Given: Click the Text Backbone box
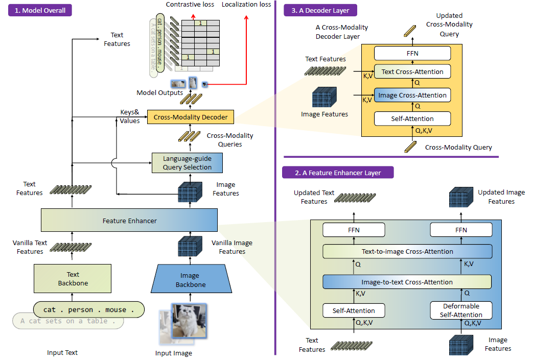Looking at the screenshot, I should (x=72, y=278).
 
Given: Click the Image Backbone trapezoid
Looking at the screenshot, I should (x=189, y=280).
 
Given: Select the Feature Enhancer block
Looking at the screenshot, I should (x=129, y=221).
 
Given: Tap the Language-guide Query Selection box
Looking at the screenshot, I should (x=187, y=163).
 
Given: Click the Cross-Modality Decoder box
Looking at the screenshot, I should (x=191, y=117).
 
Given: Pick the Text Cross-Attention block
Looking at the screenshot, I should (x=412, y=71).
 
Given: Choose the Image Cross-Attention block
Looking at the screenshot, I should (x=412, y=95).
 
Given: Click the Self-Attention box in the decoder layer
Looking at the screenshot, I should (x=412, y=119).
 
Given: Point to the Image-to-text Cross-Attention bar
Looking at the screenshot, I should (x=407, y=282).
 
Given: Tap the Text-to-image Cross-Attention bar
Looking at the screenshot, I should (x=407, y=251).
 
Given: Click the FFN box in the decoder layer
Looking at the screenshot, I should (x=412, y=53).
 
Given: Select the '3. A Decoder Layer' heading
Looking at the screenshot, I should (x=320, y=10).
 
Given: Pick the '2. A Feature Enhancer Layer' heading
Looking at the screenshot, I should (x=338, y=173).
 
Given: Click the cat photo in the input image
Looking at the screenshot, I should (x=189, y=320).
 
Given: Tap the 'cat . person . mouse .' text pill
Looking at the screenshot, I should (x=89, y=309).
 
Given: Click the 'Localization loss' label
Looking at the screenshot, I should (x=246, y=5).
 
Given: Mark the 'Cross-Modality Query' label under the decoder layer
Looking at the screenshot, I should (x=458, y=148).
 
